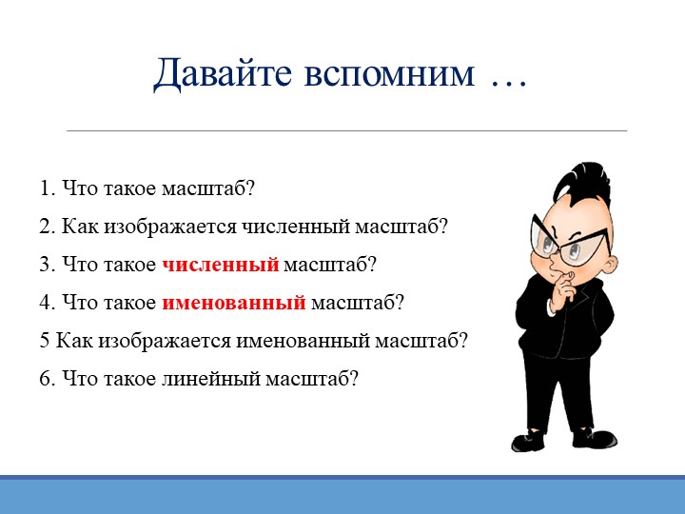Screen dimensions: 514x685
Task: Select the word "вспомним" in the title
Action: [389, 74]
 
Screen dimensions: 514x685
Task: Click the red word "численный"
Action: [220, 265]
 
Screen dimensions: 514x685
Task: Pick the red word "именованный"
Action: [234, 303]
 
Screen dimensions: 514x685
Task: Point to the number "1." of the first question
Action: [48, 188]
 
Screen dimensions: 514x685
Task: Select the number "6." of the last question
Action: [48, 379]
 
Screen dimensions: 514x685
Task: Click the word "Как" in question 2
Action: [80, 227]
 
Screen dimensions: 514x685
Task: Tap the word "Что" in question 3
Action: [80, 265]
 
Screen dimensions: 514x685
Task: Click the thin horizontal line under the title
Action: [346, 130]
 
